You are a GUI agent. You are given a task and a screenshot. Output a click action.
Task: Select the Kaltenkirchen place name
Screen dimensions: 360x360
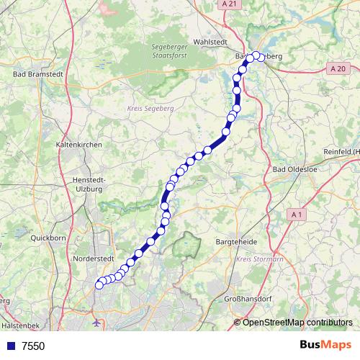point(78,145)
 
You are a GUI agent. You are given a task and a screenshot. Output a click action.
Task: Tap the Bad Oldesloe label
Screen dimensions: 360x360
point(294,170)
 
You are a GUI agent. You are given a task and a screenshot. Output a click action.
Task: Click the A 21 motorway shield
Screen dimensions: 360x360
point(229,4)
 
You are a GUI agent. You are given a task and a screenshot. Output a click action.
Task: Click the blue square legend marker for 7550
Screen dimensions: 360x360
point(11,346)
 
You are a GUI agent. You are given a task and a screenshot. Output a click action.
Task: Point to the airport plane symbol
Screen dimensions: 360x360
point(97,322)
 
